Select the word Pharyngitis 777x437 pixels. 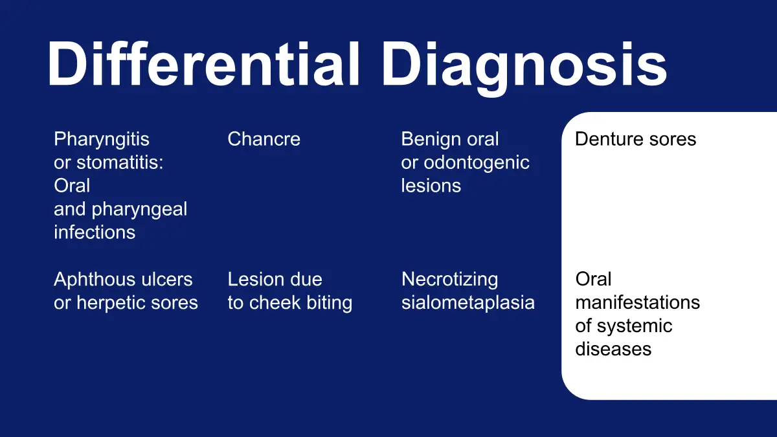point(102,139)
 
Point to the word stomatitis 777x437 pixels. point(120,162)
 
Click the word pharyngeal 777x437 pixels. point(139,210)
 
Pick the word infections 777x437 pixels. point(95,232)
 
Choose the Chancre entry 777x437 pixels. point(264,139)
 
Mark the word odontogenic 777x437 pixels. point(477,162)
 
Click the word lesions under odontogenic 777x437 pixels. point(431,186)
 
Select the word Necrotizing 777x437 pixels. point(450,280)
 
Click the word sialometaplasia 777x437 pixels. point(468,303)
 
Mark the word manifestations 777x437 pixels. point(638,302)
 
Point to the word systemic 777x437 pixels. point(635,326)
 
